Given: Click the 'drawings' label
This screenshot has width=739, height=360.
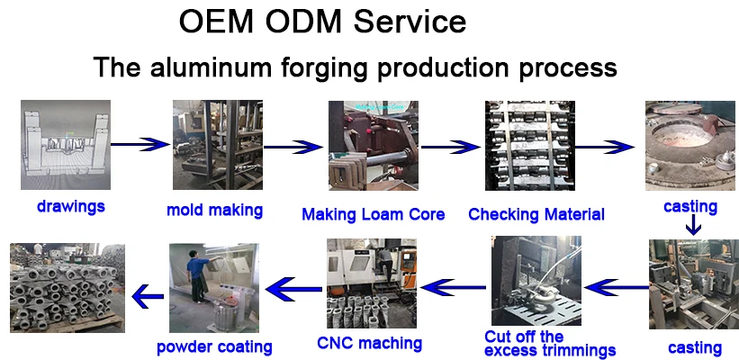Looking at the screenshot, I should pyautogui.click(x=71, y=206).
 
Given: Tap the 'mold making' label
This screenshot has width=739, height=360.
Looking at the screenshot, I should pyautogui.click(x=214, y=211).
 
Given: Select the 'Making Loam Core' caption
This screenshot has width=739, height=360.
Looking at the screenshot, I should pyautogui.click(x=373, y=214).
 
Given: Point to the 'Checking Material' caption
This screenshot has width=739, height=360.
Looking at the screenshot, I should pyautogui.click(x=536, y=214).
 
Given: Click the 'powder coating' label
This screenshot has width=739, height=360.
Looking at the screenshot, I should pyautogui.click(x=214, y=346).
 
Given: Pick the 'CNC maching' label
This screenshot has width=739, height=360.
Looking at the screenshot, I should pyautogui.click(x=369, y=343).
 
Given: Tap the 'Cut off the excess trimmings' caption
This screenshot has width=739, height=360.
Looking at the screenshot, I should pyautogui.click(x=550, y=343).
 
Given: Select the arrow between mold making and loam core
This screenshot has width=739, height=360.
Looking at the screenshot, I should pyautogui.click(x=293, y=145).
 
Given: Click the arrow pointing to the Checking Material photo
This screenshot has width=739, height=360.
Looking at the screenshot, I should pyautogui.click(x=450, y=145).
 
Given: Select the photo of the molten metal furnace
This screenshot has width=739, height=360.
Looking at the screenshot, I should pyautogui.click(x=689, y=145).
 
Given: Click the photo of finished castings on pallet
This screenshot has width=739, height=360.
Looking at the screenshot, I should pyautogui.click(x=67, y=287).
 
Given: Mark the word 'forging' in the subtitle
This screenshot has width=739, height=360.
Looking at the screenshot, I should pyautogui.click(x=343, y=67).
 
